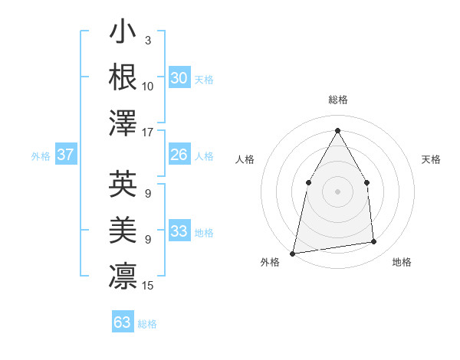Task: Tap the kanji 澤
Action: (x=123, y=123)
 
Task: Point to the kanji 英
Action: (x=123, y=184)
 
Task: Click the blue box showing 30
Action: (x=179, y=77)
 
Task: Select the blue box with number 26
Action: (x=179, y=155)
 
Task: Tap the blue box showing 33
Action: (x=179, y=231)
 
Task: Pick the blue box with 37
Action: (x=65, y=155)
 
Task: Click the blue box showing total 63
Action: (x=122, y=322)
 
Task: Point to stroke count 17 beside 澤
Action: (x=148, y=132)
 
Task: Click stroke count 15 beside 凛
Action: (x=148, y=286)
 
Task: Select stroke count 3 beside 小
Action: (x=147, y=39)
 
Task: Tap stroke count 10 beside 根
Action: (x=148, y=86)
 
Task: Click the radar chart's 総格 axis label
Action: (x=337, y=100)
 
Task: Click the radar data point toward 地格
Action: (x=374, y=242)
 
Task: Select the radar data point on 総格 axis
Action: (x=337, y=130)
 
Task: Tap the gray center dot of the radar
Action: (x=337, y=191)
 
